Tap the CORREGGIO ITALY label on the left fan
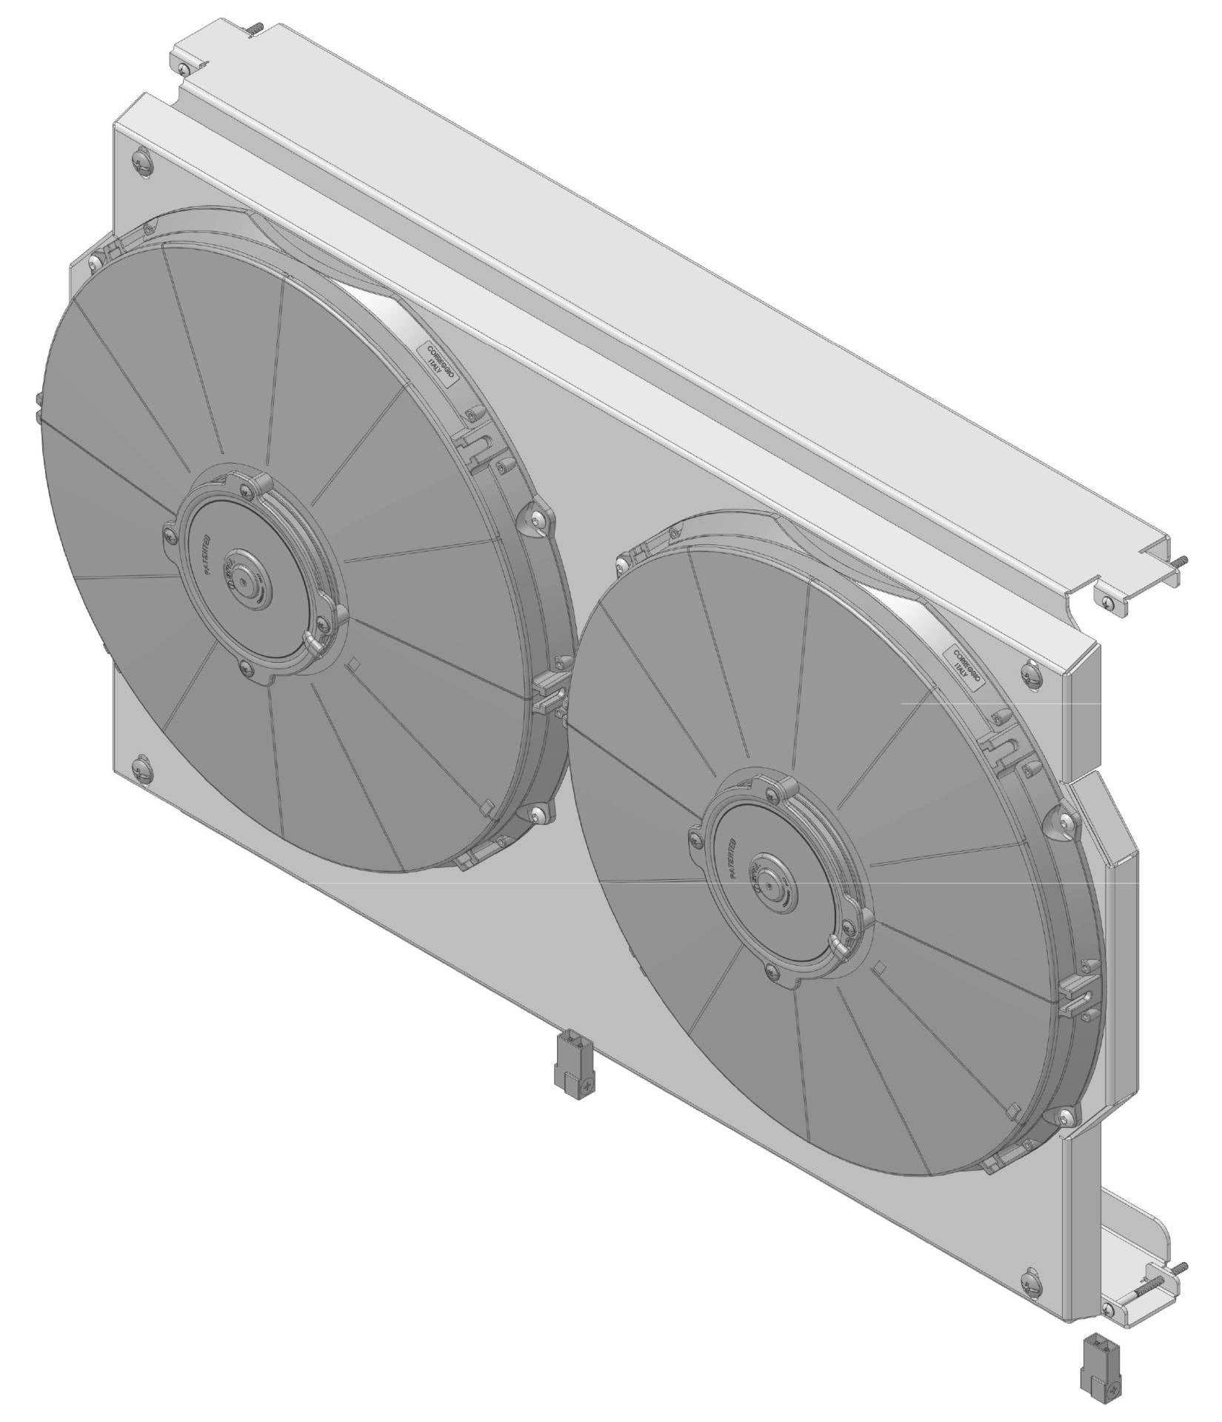tap(441, 361)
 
